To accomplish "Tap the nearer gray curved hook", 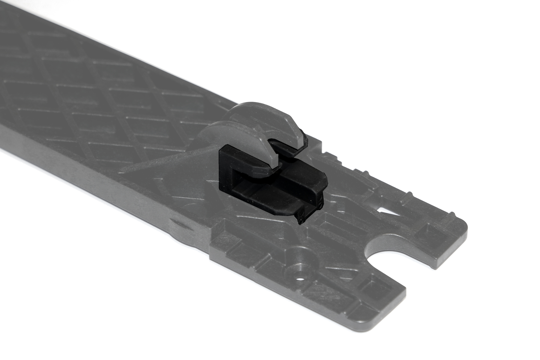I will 240,141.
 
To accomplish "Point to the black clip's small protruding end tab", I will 301,217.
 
